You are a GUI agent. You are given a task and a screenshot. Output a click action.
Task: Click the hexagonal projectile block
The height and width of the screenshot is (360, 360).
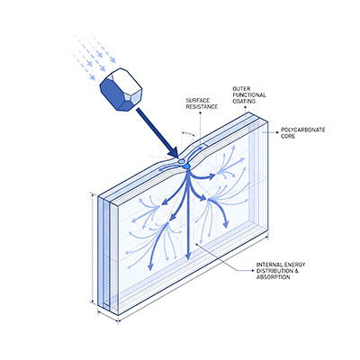tap(121, 90)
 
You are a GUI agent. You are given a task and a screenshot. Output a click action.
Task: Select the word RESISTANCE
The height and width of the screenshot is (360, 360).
tap(202, 106)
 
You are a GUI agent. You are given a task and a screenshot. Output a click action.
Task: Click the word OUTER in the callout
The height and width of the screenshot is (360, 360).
tap(241, 89)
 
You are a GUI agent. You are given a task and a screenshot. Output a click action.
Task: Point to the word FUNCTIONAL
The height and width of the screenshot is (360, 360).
tap(249, 95)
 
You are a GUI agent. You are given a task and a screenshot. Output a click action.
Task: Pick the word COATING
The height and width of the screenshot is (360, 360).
tap(244, 101)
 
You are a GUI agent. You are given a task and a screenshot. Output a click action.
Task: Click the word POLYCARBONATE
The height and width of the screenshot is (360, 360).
tap(303, 130)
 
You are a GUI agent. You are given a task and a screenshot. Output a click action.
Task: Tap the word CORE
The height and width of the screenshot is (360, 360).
tap(288, 136)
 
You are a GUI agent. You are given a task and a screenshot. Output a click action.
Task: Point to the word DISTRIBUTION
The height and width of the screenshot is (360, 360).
tap(274, 271)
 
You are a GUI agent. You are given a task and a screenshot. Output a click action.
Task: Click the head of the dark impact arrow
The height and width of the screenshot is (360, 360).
tap(173, 152)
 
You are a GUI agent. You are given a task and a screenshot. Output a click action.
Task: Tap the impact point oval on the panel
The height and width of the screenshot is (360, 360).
tap(182, 162)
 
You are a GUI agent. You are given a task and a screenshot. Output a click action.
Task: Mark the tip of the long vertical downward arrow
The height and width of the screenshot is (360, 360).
tap(188, 258)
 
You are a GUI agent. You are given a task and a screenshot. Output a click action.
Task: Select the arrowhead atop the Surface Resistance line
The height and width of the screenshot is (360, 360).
tap(200, 112)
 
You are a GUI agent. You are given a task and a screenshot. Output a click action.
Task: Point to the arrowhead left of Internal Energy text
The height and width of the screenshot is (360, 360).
tap(252, 270)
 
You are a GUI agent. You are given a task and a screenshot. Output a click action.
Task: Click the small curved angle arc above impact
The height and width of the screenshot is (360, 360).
tap(188, 133)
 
